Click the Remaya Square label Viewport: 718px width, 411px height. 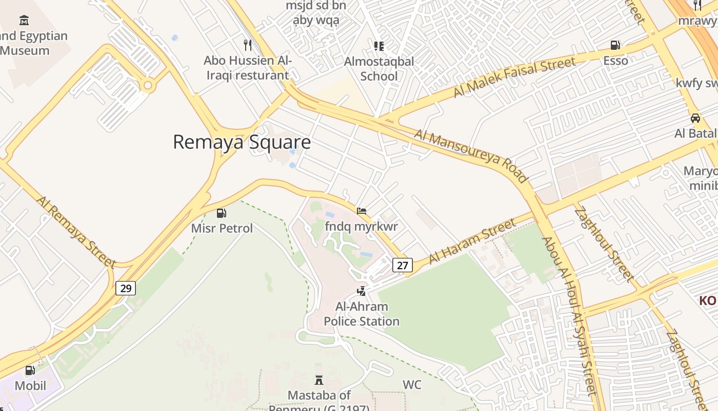[x=242, y=142]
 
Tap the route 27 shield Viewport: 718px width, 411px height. [x=403, y=265]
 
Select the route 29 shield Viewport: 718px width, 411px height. [x=126, y=288]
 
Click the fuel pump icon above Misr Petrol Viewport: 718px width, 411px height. [x=222, y=213]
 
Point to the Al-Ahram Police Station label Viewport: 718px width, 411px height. [x=362, y=314]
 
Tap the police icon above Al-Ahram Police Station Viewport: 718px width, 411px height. [x=362, y=291]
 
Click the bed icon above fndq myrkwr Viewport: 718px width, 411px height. [x=362, y=211]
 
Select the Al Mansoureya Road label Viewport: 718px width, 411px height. [x=471, y=156]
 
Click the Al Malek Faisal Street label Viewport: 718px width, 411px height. [x=514, y=78]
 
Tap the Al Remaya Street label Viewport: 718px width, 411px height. [x=76, y=231]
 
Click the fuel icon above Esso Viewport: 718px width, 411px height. [x=615, y=45]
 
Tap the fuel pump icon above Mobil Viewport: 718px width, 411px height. [x=30, y=370]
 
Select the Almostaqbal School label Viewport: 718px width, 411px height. [x=379, y=69]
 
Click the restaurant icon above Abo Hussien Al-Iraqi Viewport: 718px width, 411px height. [x=248, y=45]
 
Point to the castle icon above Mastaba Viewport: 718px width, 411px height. [x=319, y=381]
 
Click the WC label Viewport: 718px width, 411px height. [x=412, y=385]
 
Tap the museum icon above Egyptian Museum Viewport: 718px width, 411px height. [x=24, y=21]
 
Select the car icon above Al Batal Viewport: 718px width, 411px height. [x=695, y=118]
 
